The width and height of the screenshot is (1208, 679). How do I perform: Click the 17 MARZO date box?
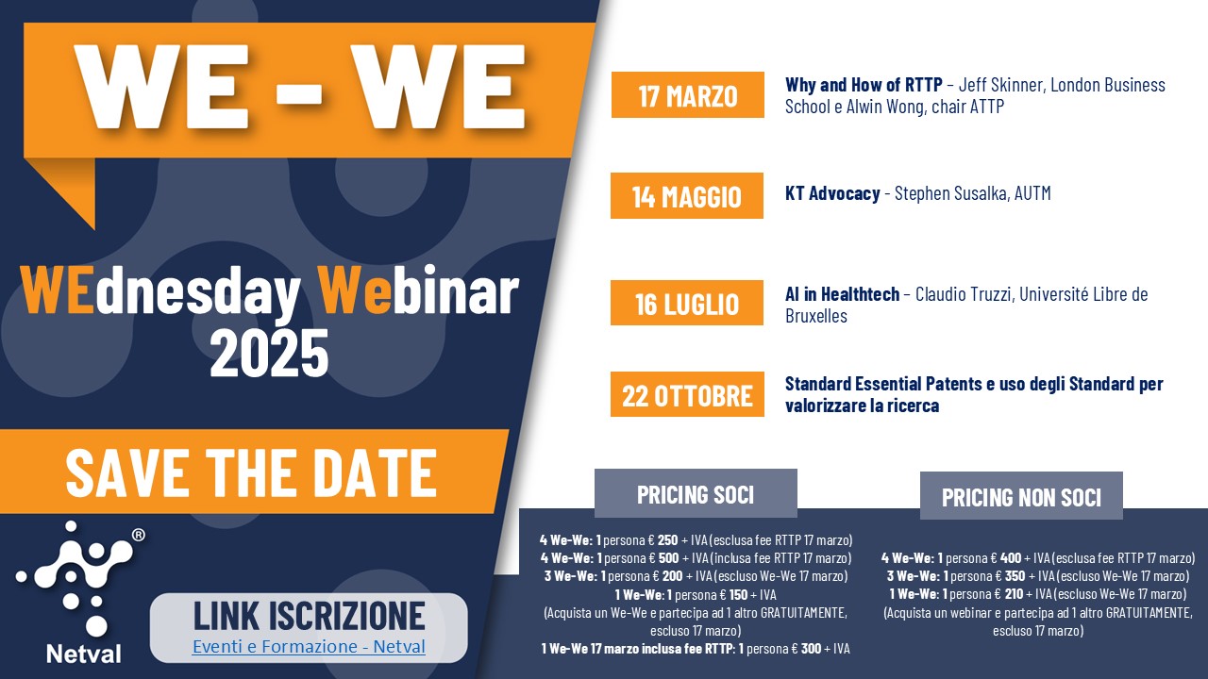[687, 95]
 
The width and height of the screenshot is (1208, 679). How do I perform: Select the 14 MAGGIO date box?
[686, 196]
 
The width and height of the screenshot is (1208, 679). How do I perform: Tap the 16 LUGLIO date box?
[686, 304]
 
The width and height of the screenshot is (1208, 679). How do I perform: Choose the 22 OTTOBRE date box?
[686, 394]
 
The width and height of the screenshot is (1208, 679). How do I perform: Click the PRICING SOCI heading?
[696, 494]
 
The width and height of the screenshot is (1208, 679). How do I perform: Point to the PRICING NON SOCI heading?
[1021, 497]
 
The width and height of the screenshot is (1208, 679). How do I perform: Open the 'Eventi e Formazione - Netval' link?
[309, 647]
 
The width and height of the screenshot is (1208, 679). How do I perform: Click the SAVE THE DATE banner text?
[251, 472]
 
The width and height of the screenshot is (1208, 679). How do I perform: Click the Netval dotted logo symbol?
[75, 575]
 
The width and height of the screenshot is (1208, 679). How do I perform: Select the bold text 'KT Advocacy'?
[830, 193]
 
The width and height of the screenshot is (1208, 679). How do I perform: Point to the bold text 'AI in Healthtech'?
[842, 294]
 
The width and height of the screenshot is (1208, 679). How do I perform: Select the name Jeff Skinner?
[1000, 85]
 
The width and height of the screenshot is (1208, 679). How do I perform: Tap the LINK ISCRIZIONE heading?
[309, 615]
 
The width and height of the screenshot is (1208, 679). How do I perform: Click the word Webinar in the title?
[418, 292]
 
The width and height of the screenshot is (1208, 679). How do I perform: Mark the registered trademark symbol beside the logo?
[139, 535]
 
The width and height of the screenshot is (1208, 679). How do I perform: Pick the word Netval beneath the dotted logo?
[83, 652]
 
